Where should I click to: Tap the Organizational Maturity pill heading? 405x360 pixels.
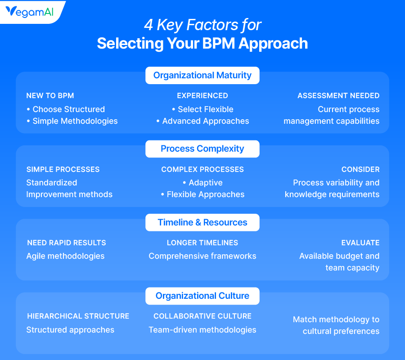tap(202, 75)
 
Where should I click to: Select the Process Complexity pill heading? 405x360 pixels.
tap(202, 148)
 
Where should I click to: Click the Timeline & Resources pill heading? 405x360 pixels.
tap(202, 222)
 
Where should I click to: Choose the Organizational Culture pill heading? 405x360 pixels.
tap(202, 296)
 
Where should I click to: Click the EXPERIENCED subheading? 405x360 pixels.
tap(202, 95)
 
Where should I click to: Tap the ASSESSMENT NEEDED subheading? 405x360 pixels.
tap(338, 95)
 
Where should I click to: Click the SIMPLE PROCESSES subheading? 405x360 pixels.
tap(63, 169)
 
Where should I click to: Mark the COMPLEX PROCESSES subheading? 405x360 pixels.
tap(202, 169)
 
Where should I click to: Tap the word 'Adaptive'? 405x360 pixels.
tap(206, 183)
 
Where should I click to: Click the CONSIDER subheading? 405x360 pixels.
tap(360, 169)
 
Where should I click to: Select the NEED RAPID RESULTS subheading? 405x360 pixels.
tap(67, 243)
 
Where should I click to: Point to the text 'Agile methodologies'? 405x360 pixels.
tap(65, 256)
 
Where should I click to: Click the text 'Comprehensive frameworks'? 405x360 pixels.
tap(202, 256)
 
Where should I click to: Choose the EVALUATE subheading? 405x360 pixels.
tap(360, 243)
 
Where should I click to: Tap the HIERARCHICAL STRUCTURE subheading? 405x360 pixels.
tap(78, 316)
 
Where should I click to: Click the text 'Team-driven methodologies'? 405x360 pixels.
tap(202, 330)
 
